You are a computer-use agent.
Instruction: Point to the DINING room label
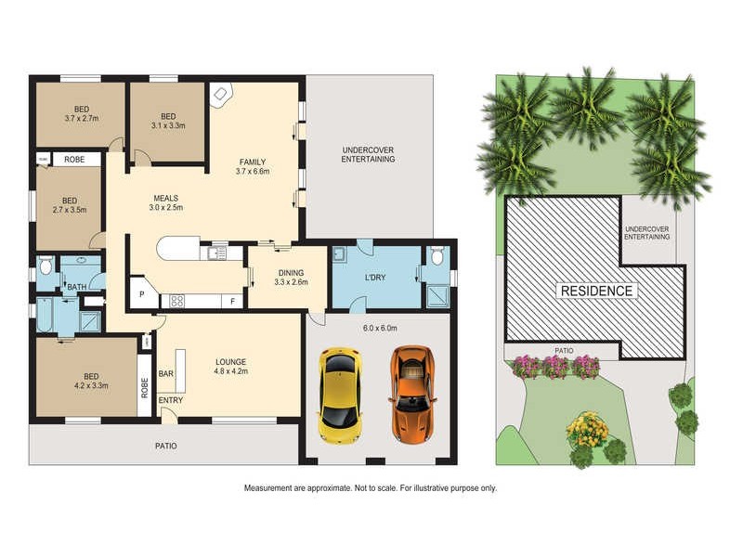pyautogui.click(x=290, y=271)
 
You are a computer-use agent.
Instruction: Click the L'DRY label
pyautogui.click(x=375, y=278)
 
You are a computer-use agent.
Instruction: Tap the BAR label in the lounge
pyautogui.click(x=168, y=373)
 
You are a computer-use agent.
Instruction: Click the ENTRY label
pyautogui.click(x=170, y=400)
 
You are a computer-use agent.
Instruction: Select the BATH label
pyautogui.click(x=77, y=287)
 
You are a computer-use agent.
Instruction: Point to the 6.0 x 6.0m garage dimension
pyautogui.click(x=381, y=328)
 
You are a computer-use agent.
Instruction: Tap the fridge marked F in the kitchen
pyautogui.click(x=232, y=301)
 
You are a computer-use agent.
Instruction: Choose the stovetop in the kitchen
pyautogui.click(x=176, y=300)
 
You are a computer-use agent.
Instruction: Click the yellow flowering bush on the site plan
pyautogui.click(x=587, y=429)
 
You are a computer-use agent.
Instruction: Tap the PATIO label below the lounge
pyautogui.click(x=165, y=446)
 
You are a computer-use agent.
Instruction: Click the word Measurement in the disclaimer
pyautogui.click(x=270, y=488)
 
